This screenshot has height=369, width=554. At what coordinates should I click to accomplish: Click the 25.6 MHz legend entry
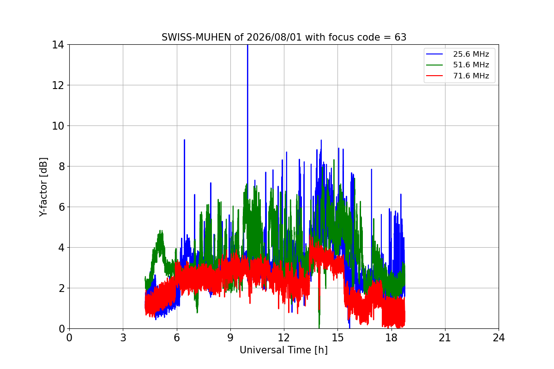pyautogui.click(x=458, y=54)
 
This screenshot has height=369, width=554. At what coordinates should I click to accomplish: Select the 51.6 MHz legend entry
pyautogui.click(x=458, y=65)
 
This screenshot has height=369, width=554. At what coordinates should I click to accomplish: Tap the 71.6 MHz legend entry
pyautogui.click(x=458, y=76)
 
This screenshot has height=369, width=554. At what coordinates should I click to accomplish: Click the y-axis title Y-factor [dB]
pyautogui.click(x=43, y=187)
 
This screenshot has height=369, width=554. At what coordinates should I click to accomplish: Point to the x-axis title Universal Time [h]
pyautogui.click(x=283, y=350)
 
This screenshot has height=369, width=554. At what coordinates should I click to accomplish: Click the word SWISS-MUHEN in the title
pyautogui.click(x=196, y=37)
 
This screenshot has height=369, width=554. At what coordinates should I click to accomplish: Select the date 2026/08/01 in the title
pyautogui.click(x=274, y=37)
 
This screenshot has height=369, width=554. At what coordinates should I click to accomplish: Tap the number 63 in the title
pyautogui.click(x=400, y=37)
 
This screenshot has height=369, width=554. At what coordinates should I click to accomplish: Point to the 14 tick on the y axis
pyautogui.click(x=58, y=45)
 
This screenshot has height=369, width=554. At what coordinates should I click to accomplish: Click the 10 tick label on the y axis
pyautogui.click(x=58, y=126)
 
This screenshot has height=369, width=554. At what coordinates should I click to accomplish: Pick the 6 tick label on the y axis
pyautogui.click(x=61, y=207)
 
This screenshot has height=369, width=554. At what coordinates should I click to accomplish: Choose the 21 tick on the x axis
pyautogui.click(x=445, y=338)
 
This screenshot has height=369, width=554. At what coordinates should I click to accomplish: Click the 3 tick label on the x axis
pyautogui.click(x=123, y=338)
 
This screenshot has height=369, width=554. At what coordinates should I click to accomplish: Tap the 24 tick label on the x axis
pyautogui.click(x=499, y=338)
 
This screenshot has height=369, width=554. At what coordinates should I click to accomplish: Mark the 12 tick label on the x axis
pyautogui.click(x=284, y=338)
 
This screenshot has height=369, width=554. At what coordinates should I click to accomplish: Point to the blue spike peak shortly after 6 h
pyautogui.click(x=185, y=140)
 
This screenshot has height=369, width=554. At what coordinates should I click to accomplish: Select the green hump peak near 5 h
pyautogui.click(x=161, y=231)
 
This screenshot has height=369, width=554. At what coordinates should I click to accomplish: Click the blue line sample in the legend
pyautogui.click(x=434, y=54)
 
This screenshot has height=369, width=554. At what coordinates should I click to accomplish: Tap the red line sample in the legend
pyautogui.click(x=434, y=76)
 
